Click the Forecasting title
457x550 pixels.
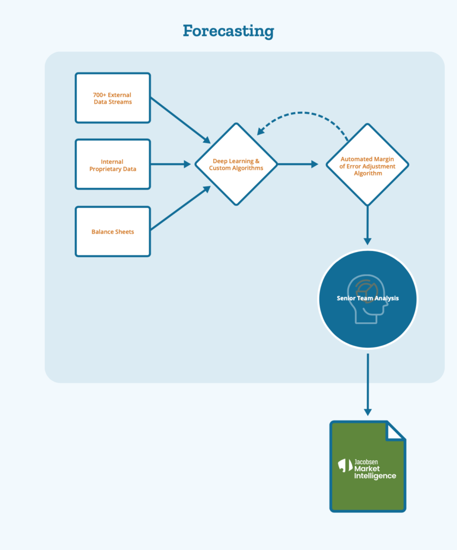pyautogui.click(x=228, y=31)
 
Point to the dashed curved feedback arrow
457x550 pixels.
pyautogui.click(x=301, y=113)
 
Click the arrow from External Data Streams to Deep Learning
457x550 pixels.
pyautogui.click(x=181, y=121)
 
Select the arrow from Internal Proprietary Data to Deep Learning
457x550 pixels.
pyautogui.click(x=171, y=164)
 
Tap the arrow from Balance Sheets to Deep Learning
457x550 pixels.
pyautogui.click(x=181, y=208)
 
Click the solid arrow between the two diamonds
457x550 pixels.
pyautogui.click(x=298, y=164)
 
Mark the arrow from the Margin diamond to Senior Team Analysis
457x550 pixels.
pyautogui.click(x=368, y=226)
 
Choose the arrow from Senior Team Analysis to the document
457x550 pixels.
pyautogui.click(x=368, y=385)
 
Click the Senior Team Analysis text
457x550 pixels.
pyautogui.click(x=368, y=298)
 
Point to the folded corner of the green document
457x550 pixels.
pyautogui.click(x=395, y=431)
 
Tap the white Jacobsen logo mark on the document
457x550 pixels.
pyautogui.click(x=345, y=466)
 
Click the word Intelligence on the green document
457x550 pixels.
pyautogui.click(x=375, y=476)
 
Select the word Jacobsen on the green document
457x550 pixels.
pyautogui.click(x=366, y=462)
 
